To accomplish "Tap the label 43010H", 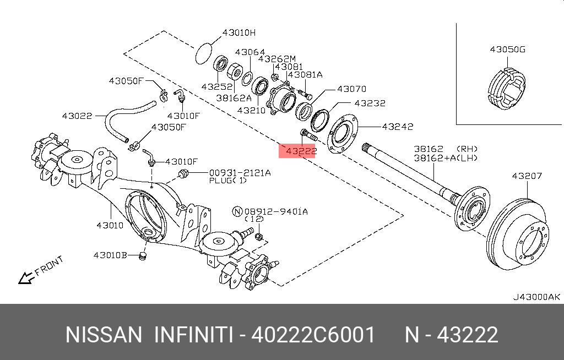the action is [x=239, y=32].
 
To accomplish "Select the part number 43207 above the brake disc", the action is [x=527, y=176].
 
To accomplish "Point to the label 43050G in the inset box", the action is [x=507, y=50].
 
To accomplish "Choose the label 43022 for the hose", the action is [x=77, y=116].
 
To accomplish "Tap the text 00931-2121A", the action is [x=239, y=172].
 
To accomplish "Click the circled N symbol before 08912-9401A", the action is [x=237, y=211].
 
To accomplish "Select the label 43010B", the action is [x=110, y=255].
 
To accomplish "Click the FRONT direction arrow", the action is [x=25, y=277].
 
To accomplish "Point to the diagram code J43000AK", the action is [x=536, y=297].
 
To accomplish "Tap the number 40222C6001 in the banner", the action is [x=313, y=335].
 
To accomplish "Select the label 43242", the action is [x=398, y=127].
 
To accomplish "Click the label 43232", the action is [x=370, y=103].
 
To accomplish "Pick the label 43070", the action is [x=351, y=89].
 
